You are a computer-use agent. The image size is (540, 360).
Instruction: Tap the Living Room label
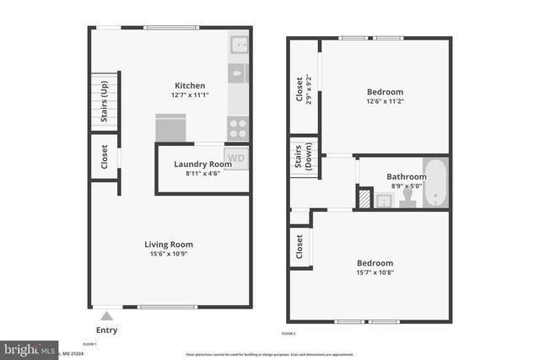coord(170,244)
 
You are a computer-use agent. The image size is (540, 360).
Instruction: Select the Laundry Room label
coord(202,164)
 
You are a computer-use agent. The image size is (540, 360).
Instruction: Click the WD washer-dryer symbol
coord(236,158)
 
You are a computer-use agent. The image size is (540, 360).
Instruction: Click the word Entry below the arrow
coord(106,330)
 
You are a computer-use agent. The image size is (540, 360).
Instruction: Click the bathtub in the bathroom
coord(435,182)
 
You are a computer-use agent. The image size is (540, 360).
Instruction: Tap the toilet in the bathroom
coord(408,197)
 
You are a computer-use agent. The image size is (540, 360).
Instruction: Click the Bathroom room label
coord(407,177)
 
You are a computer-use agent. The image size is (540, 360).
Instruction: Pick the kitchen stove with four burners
coord(239,128)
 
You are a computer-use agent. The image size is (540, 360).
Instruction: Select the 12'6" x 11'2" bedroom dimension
coord(385,101)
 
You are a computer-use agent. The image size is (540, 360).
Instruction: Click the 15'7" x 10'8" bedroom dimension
coord(375,272)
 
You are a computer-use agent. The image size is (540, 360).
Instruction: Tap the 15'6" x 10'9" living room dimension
coord(170,254)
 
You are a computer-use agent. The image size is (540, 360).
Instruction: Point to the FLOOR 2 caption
coord(289,335)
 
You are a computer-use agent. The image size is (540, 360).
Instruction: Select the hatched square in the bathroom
coord(364,198)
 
